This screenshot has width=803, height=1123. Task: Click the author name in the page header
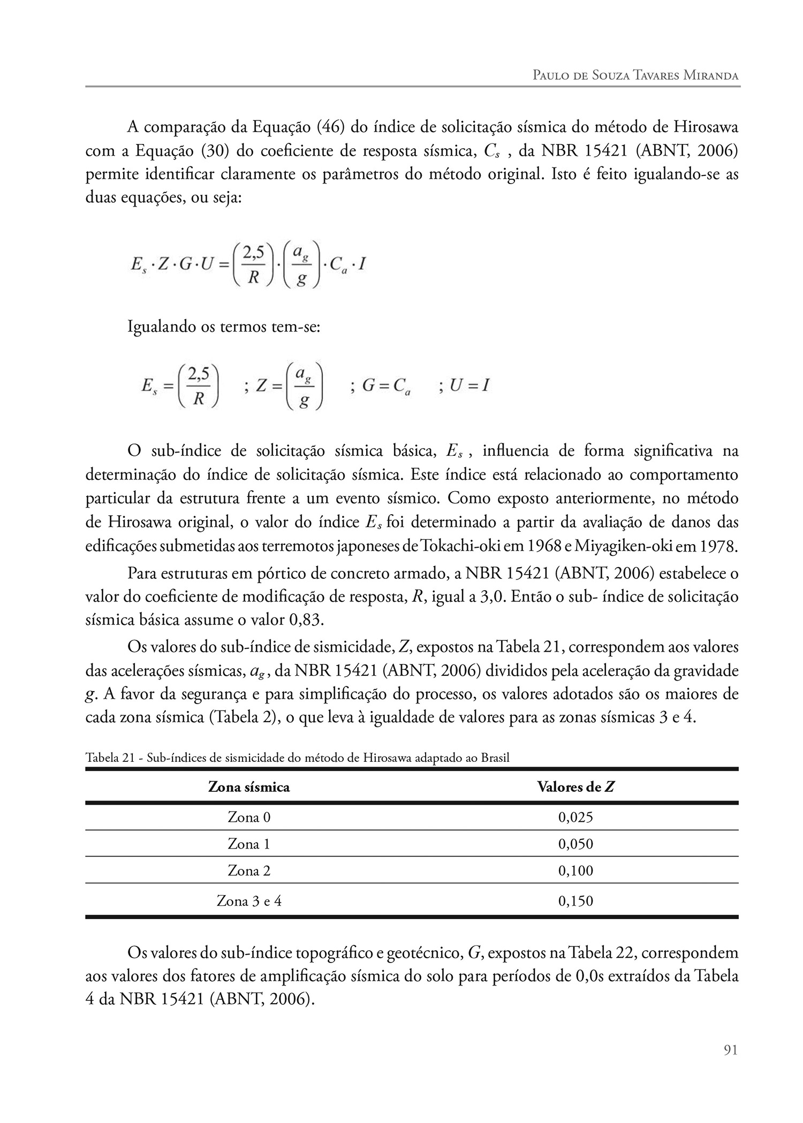(635, 75)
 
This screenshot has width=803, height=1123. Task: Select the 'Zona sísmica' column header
(249, 787)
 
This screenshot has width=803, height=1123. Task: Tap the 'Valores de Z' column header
(575, 787)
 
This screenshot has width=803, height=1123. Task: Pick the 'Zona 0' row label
(249, 818)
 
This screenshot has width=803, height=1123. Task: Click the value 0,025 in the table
(575, 818)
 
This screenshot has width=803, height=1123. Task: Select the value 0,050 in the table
(575, 844)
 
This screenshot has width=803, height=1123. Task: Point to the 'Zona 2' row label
(249, 870)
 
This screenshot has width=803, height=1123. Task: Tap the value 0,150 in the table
(575, 901)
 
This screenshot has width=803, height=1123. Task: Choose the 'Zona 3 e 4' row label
(249, 901)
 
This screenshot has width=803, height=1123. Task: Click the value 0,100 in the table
(575, 870)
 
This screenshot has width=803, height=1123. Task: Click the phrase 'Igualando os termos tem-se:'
(223, 326)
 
